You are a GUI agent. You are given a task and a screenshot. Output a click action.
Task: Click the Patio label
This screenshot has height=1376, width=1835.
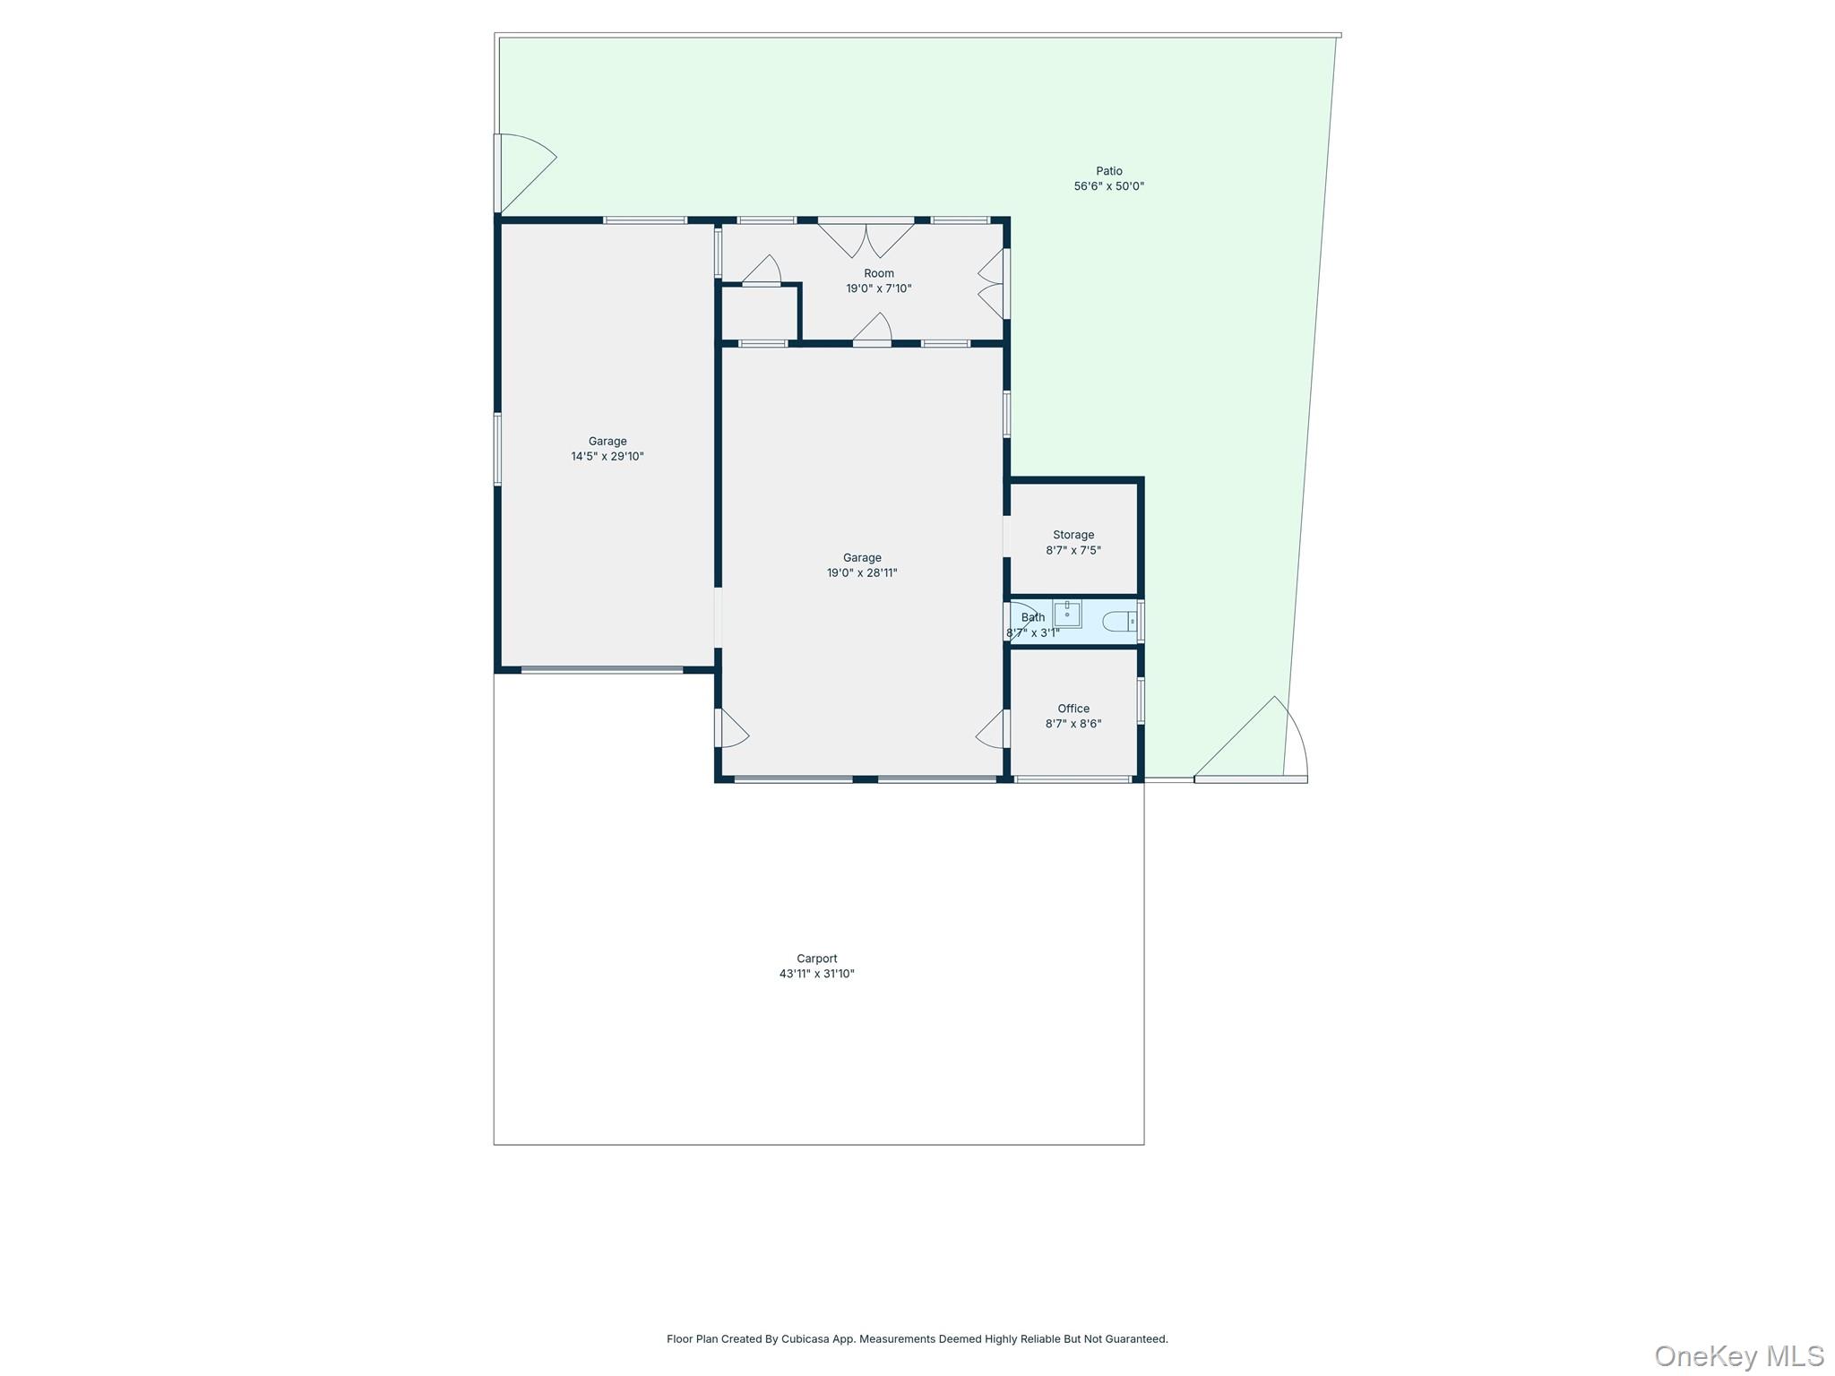click(1108, 171)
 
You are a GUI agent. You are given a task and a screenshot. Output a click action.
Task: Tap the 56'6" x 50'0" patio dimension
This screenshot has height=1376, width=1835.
click(1108, 186)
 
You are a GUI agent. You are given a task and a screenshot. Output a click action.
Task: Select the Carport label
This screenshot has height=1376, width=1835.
click(816, 959)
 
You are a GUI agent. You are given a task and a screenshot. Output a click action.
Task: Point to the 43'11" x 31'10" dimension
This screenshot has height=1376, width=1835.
click(816, 974)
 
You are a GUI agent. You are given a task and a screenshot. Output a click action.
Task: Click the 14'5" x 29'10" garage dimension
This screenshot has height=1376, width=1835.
click(607, 456)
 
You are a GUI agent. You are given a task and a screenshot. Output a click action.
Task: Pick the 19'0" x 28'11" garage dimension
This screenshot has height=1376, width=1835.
click(861, 573)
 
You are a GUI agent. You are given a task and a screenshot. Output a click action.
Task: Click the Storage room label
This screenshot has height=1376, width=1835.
click(1073, 535)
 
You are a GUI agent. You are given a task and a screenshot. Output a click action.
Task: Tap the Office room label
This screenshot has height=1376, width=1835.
click(1073, 709)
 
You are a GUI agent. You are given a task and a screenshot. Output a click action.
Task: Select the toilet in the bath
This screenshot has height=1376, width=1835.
click(1118, 621)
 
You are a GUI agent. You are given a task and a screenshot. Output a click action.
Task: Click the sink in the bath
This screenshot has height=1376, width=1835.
click(1066, 615)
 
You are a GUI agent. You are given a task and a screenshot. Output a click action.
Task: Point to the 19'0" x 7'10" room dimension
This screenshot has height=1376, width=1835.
click(878, 288)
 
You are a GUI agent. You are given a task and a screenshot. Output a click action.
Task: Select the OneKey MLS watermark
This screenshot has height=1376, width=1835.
click(1738, 1355)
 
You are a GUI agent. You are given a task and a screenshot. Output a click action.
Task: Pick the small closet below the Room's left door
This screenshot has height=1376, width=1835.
click(760, 313)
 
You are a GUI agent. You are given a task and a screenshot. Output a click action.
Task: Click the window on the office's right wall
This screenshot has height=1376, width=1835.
click(1141, 701)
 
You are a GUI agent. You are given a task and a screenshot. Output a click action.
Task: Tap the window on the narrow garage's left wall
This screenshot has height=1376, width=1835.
click(497, 449)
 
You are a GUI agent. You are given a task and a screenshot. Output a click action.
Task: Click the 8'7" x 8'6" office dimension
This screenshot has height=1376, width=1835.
click(1073, 724)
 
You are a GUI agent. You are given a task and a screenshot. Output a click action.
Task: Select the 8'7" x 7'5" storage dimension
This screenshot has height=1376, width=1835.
click(1073, 550)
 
